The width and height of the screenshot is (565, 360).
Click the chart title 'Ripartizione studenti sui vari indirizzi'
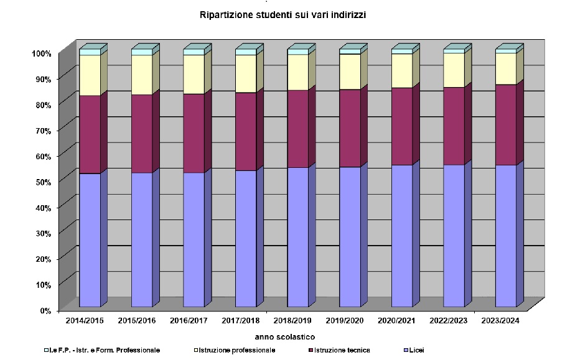tap(282, 15)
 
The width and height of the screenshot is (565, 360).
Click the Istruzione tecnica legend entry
tap(342, 351)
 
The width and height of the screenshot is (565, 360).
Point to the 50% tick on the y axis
tap(42, 181)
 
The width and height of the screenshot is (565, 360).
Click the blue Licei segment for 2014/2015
tap(90, 239)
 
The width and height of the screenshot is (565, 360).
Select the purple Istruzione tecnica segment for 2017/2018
tap(246, 131)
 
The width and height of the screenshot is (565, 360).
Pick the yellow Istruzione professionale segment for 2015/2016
tap(141, 75)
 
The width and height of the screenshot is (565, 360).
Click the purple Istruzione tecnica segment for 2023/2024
tap(505, 124)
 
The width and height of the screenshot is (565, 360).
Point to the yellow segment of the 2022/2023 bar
tap(454, 70)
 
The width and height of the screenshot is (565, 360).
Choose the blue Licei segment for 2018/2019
tap(297, 237)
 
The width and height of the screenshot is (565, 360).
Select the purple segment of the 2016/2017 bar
tap(194, 133)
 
